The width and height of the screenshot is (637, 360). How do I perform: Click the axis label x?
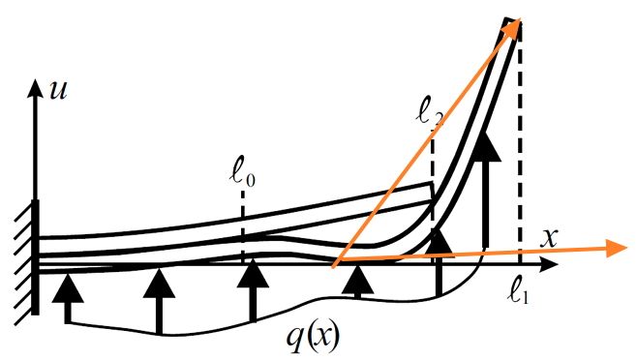click(548, 239)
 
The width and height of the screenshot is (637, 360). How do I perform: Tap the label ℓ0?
click(242, 177)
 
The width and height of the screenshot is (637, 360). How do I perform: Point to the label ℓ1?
click(519, 293)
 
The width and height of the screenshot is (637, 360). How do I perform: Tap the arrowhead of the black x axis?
click(550, 264)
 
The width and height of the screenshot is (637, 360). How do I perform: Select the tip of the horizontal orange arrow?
click(627, 248)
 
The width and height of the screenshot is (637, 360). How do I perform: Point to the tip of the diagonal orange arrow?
click(520, 19)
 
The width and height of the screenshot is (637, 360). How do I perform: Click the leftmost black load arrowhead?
click(68, 288)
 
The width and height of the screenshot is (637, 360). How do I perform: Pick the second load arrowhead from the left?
click(159, 283)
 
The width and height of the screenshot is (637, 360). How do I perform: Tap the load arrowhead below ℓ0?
click(253, 274)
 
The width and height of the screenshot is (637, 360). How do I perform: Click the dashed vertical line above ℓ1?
click(520, 142)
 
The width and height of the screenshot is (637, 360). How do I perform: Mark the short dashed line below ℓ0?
click(243, 226)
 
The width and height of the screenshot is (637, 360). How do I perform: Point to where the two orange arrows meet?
click(333, 267)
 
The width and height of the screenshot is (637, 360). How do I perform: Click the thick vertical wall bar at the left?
click(36, 257)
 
